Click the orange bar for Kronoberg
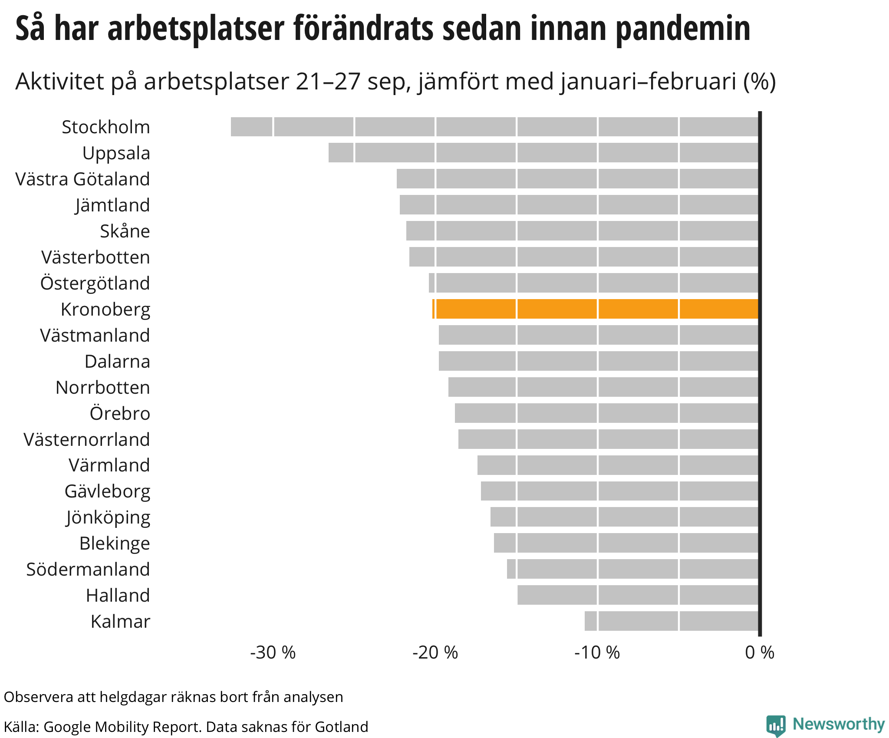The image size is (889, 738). pos(596,309)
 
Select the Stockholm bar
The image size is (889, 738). pos(494,127)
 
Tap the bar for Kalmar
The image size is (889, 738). pos(672,621)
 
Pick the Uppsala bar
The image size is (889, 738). pos(543,153)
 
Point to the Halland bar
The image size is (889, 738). pos(638,595)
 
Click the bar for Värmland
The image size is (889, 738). pos(618,465)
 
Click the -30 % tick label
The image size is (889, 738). pos(273,652)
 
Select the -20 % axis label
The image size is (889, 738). pos(435,652)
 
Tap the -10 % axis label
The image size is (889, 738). pos(597,652)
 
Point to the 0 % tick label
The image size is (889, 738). pos(760,652)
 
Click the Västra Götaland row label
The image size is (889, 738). pos(82,179)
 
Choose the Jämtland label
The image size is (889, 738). pos(112,205)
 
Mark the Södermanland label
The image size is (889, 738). pos(88,569)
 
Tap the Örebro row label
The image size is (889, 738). pos(120,413)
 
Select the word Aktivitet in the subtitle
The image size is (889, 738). pos(60,81)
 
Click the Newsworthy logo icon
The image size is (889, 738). pos(776,725)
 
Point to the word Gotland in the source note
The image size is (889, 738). pos(342,727)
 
